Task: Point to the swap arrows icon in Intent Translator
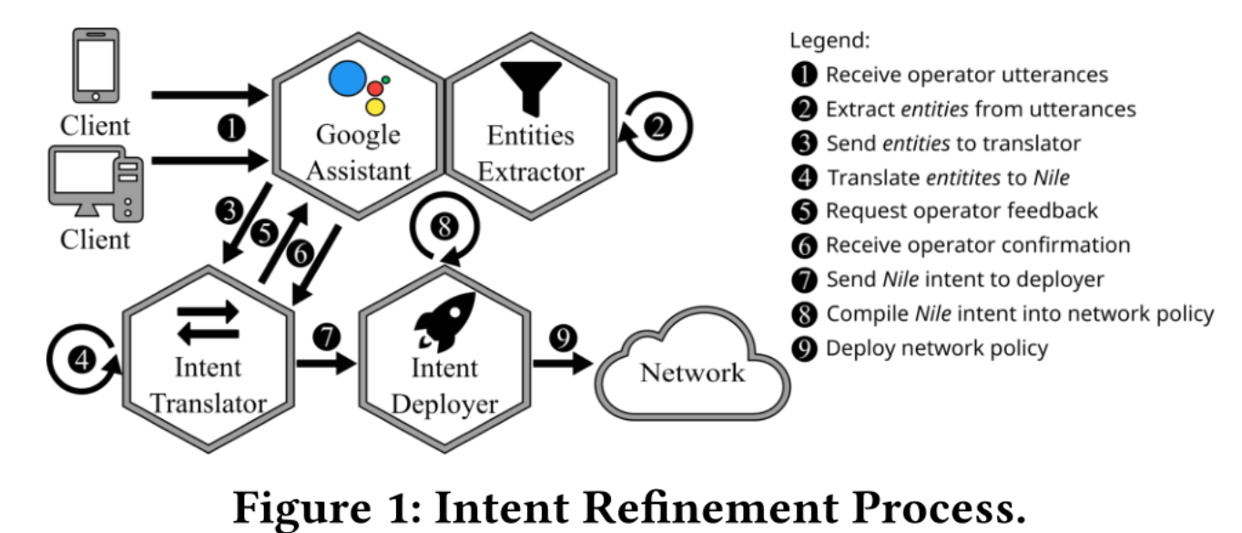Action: (210, 324)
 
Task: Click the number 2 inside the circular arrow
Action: (658, 128)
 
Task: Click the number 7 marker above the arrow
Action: (325, 337)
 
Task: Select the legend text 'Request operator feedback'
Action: (962, 210)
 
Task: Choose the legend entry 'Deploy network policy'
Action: (937, 348)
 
